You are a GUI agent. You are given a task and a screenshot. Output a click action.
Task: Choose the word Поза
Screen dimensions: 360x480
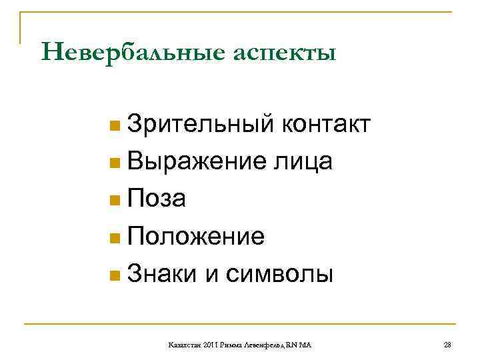[157, 198]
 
